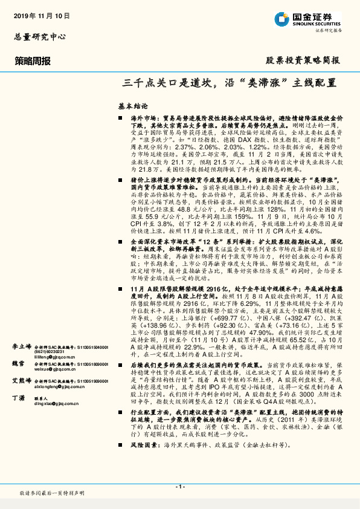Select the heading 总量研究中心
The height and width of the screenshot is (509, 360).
point(40,37)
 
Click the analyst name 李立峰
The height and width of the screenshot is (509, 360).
point(21,346)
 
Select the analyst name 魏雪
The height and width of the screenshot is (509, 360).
point(18,363)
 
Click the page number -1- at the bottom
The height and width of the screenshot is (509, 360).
point(179,487)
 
